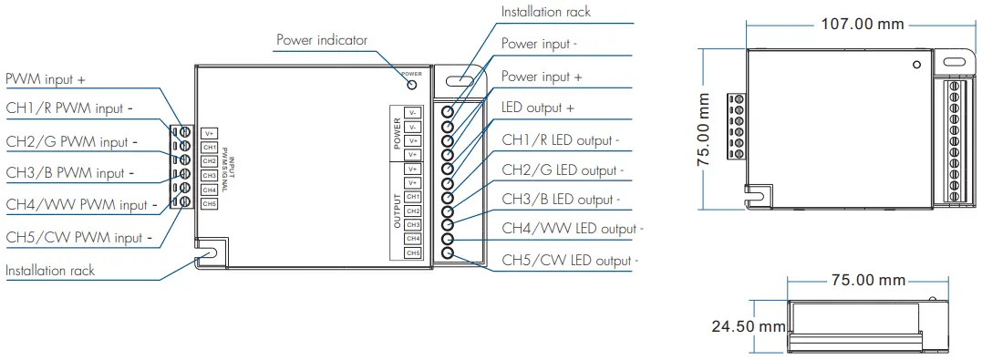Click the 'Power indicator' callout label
click(321, 40)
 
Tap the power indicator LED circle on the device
click(412, 84)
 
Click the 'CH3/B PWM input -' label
click(70, 172)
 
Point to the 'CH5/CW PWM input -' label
click(78, 238)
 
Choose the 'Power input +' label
click(542, 77)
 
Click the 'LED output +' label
click(538, 108)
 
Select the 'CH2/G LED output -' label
click(563, 170)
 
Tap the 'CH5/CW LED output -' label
click(570, 261)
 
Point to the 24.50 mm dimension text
click(749, 325)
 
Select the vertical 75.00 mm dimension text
click(704, 128)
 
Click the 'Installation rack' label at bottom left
click(50, 271)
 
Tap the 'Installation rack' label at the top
click(545, 12)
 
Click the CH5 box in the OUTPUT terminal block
click(412, 252)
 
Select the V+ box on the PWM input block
click(209, 133)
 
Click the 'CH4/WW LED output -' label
click(573, 229)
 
